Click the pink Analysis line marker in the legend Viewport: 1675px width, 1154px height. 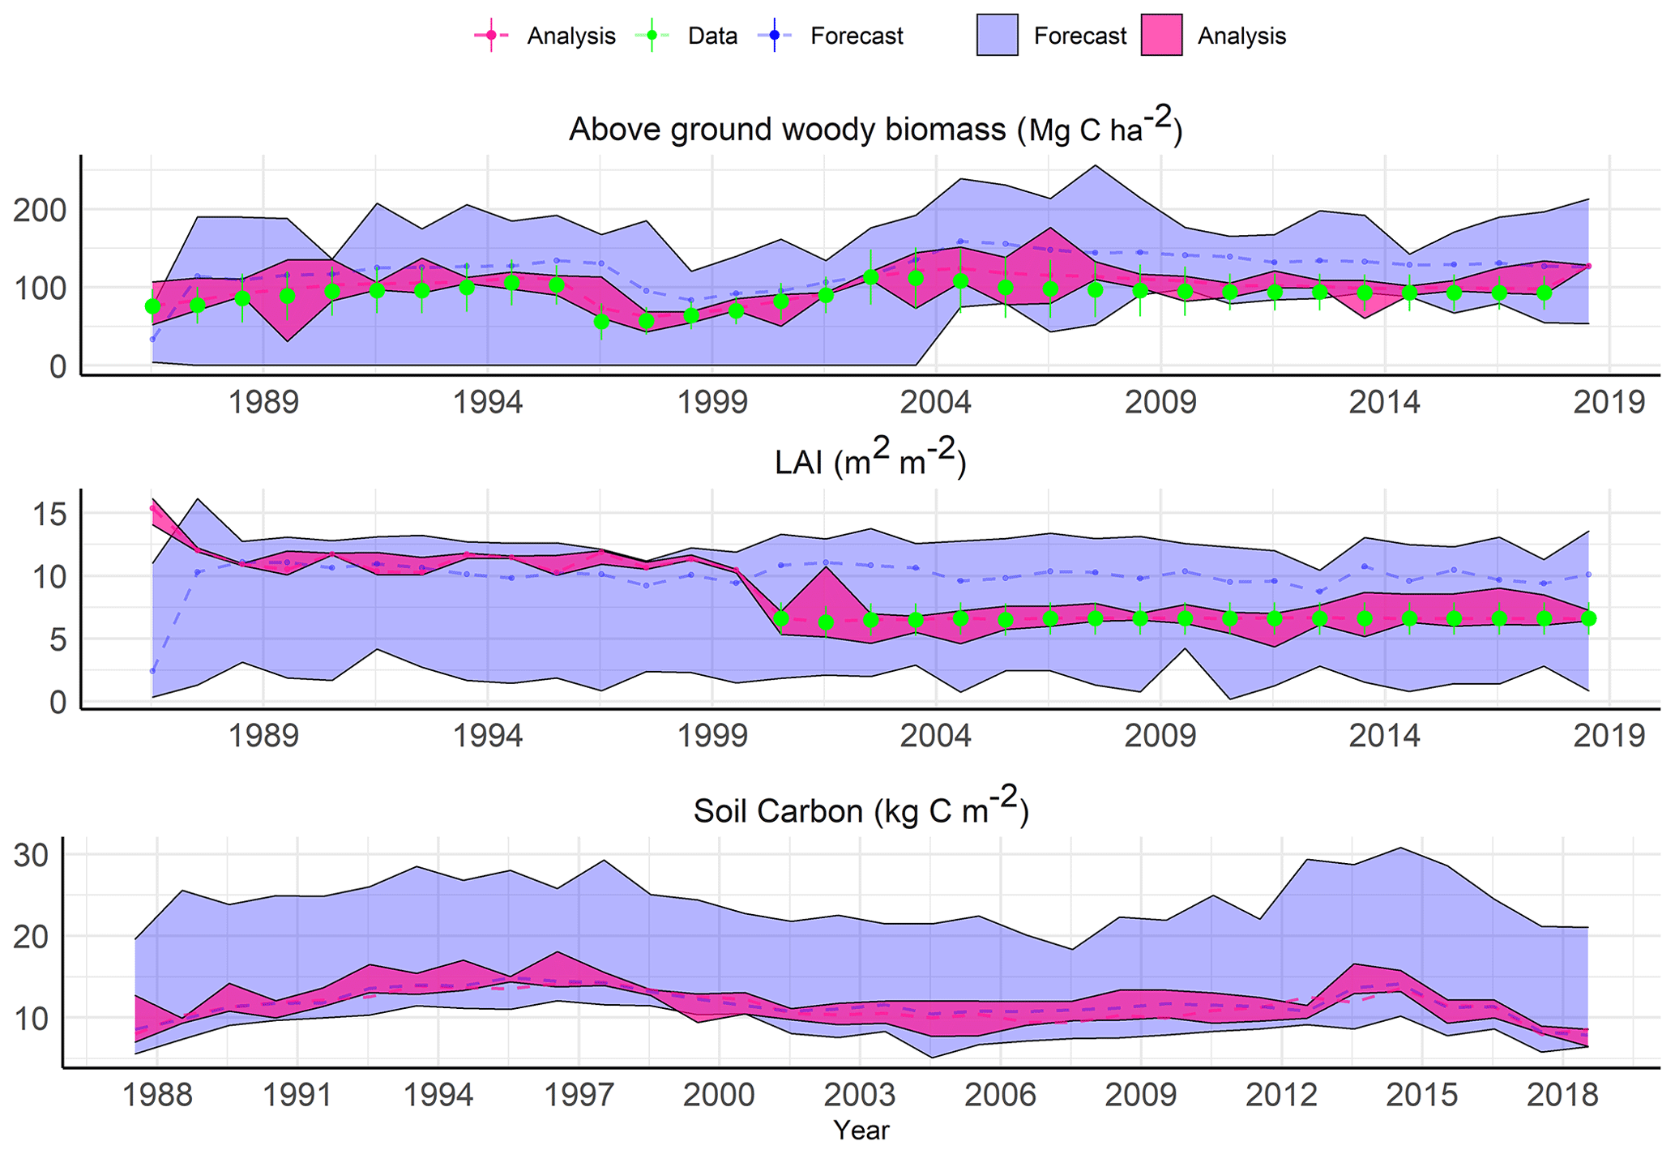pos(490,36)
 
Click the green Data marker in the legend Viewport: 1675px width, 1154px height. pos(652,36)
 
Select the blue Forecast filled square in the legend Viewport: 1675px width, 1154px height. pos(997,36)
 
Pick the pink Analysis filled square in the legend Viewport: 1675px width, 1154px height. pos(1160,36)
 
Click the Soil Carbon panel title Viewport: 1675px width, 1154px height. pos(861,810)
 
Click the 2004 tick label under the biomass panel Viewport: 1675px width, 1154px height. pos(935,402)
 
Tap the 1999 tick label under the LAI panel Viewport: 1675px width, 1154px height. pos(711,736)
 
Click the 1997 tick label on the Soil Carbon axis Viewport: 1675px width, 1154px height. pos(578,1095)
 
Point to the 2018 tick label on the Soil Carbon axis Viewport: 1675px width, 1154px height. pos(1562,1095)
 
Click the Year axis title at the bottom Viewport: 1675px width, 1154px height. pos(861,1130)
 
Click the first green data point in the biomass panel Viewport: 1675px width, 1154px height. pos(152,306)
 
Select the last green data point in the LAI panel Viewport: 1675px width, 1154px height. pos(1588,618)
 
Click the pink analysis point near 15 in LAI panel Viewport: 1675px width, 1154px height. pos(152,508)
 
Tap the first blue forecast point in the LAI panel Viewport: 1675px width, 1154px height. pos(152,671)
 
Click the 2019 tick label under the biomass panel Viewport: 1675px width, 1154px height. pos(1608,402)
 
